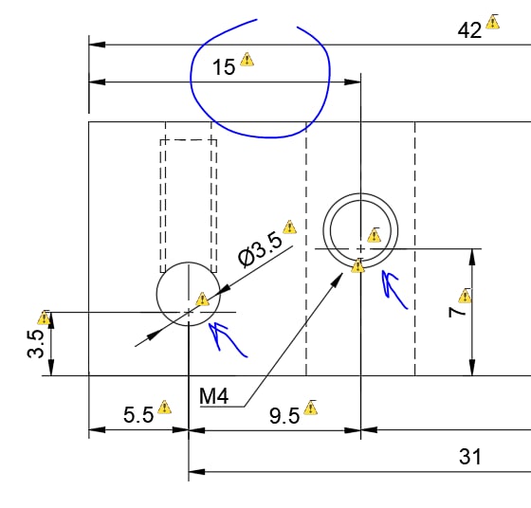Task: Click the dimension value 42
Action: point(469,30)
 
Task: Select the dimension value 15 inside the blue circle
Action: point(224,66)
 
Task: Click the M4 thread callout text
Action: point(213,395)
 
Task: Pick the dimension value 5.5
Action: point(138,414)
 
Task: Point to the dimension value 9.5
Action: point(284,416)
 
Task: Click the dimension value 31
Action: point(470,456)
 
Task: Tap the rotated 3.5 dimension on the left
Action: point(36,344)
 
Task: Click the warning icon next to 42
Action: point(492,22)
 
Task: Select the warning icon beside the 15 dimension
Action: point(247,59)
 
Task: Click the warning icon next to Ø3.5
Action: point(289,227)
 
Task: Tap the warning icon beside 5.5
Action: point(164,407)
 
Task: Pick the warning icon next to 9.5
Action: point(311,408)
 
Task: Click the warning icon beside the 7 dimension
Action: point(465,296)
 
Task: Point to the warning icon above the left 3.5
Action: point(44,317)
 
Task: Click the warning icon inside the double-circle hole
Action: point(375,235)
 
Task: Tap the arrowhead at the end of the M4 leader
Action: point(338,280)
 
